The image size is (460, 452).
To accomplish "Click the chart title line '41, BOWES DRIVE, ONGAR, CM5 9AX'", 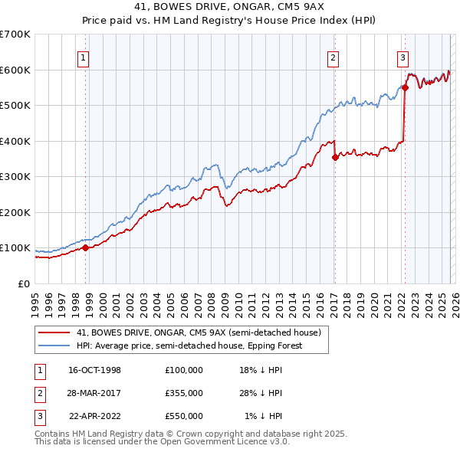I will [x=230, y=8].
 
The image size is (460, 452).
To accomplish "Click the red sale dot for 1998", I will [x=86, y=247].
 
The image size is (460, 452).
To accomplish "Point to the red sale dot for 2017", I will [x=335, y=157].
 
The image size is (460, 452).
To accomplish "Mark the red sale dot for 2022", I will [x=405, y=87].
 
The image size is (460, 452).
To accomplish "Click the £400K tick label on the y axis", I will [x=15, y=141].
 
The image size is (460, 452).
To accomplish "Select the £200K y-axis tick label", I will [x=15, y=212].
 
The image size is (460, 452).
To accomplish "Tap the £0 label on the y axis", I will [x=23, y=283].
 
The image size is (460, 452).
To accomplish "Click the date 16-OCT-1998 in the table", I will [x=94, y=370].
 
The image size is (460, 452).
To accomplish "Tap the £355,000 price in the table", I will [x=183, y=393].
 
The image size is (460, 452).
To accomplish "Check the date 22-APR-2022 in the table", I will [x=94, y=416].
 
